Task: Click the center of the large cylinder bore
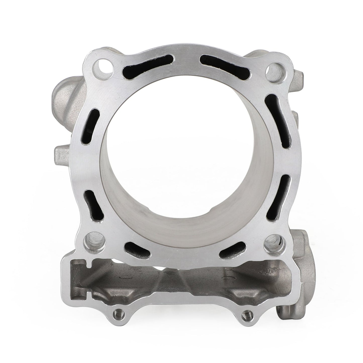(186, 161)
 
